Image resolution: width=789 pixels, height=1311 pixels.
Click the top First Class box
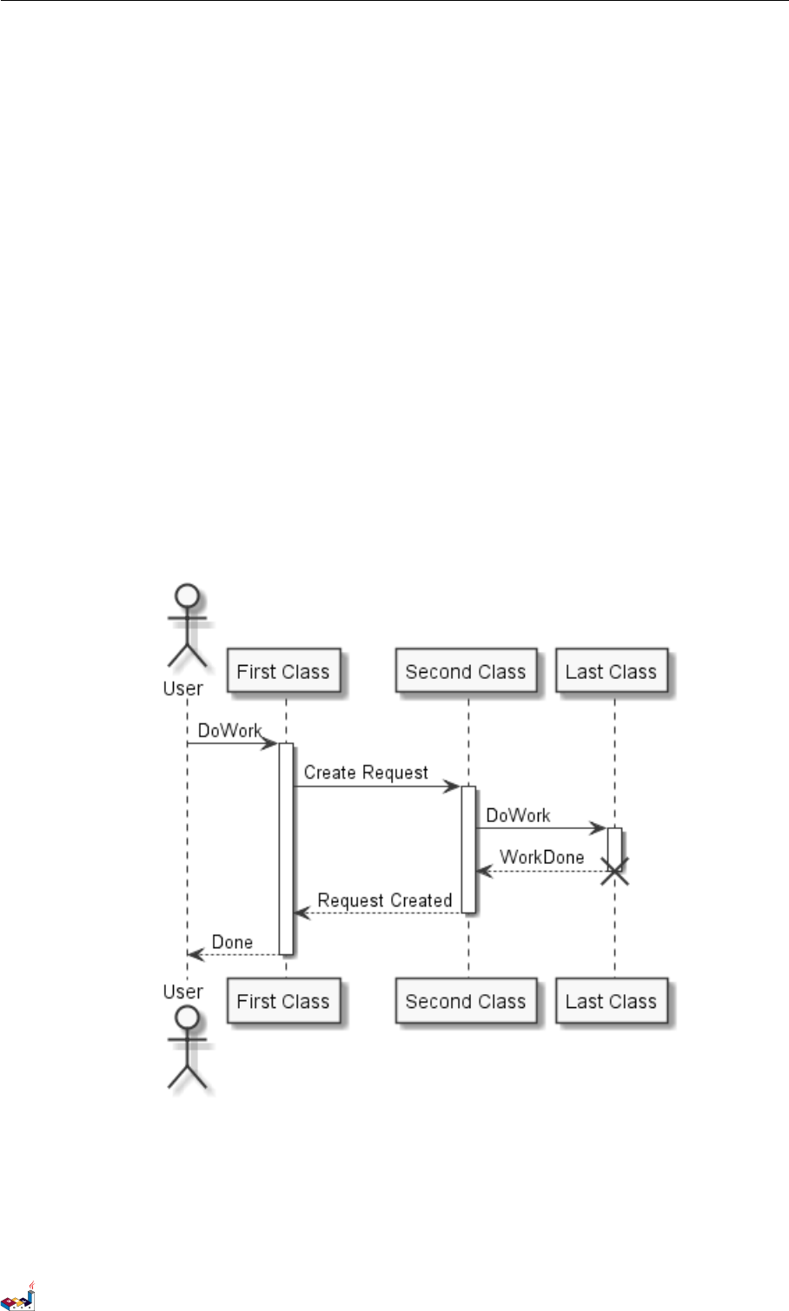pos(282,671)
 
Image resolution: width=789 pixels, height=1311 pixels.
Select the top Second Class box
pos(466,671)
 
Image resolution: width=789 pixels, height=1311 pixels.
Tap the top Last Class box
pos(611,671)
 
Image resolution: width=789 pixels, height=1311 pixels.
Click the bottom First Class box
pos(282,1001)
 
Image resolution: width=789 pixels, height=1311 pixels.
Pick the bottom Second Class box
pos(466,1001)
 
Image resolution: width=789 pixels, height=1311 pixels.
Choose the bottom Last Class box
pos(611,1001)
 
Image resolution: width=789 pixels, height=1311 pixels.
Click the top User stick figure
pos(187,625)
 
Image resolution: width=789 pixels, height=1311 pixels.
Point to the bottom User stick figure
pos(187,1046)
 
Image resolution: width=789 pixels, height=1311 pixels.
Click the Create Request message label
pos(366,772)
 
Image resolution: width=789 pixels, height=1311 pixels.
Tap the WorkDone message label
pos(542,857)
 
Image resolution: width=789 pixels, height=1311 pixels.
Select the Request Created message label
pos(384,899)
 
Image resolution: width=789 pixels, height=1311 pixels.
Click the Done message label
pos(232,942)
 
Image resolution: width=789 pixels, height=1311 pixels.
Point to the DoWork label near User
pos(229,730)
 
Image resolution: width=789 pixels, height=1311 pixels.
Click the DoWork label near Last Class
pos(518,815)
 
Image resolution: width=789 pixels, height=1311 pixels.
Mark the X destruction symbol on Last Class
pos(614,871)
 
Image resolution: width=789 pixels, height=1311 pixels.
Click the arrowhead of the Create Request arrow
pos(453,787)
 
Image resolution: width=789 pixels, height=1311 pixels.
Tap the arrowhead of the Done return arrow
pos(195,955)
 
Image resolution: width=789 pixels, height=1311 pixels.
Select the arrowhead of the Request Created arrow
pos(301,912)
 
